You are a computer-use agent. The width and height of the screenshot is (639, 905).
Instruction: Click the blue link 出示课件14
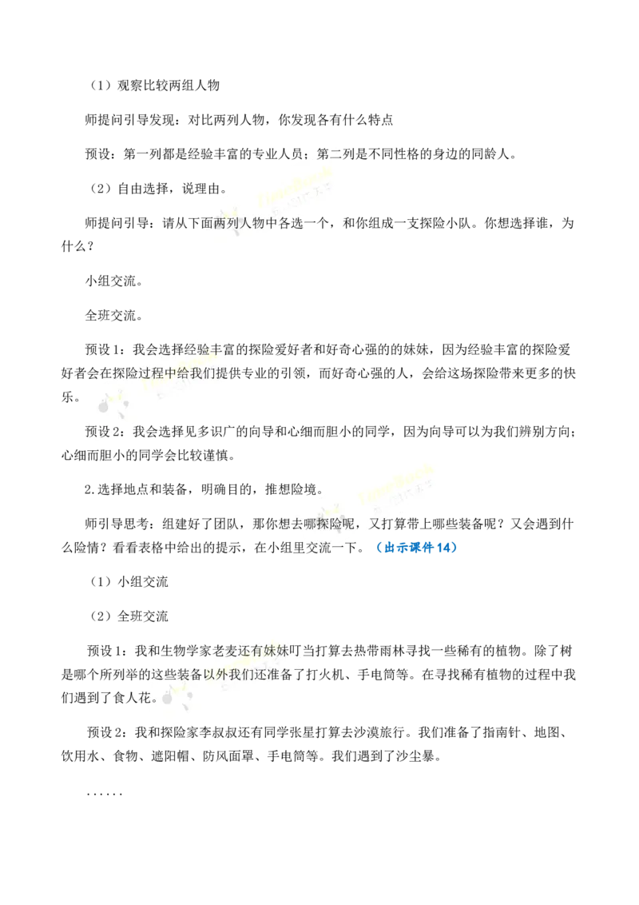click(416, 548)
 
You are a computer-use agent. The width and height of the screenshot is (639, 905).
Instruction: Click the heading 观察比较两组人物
click(169, 86)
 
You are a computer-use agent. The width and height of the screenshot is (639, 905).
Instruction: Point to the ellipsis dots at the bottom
click(105, 795)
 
